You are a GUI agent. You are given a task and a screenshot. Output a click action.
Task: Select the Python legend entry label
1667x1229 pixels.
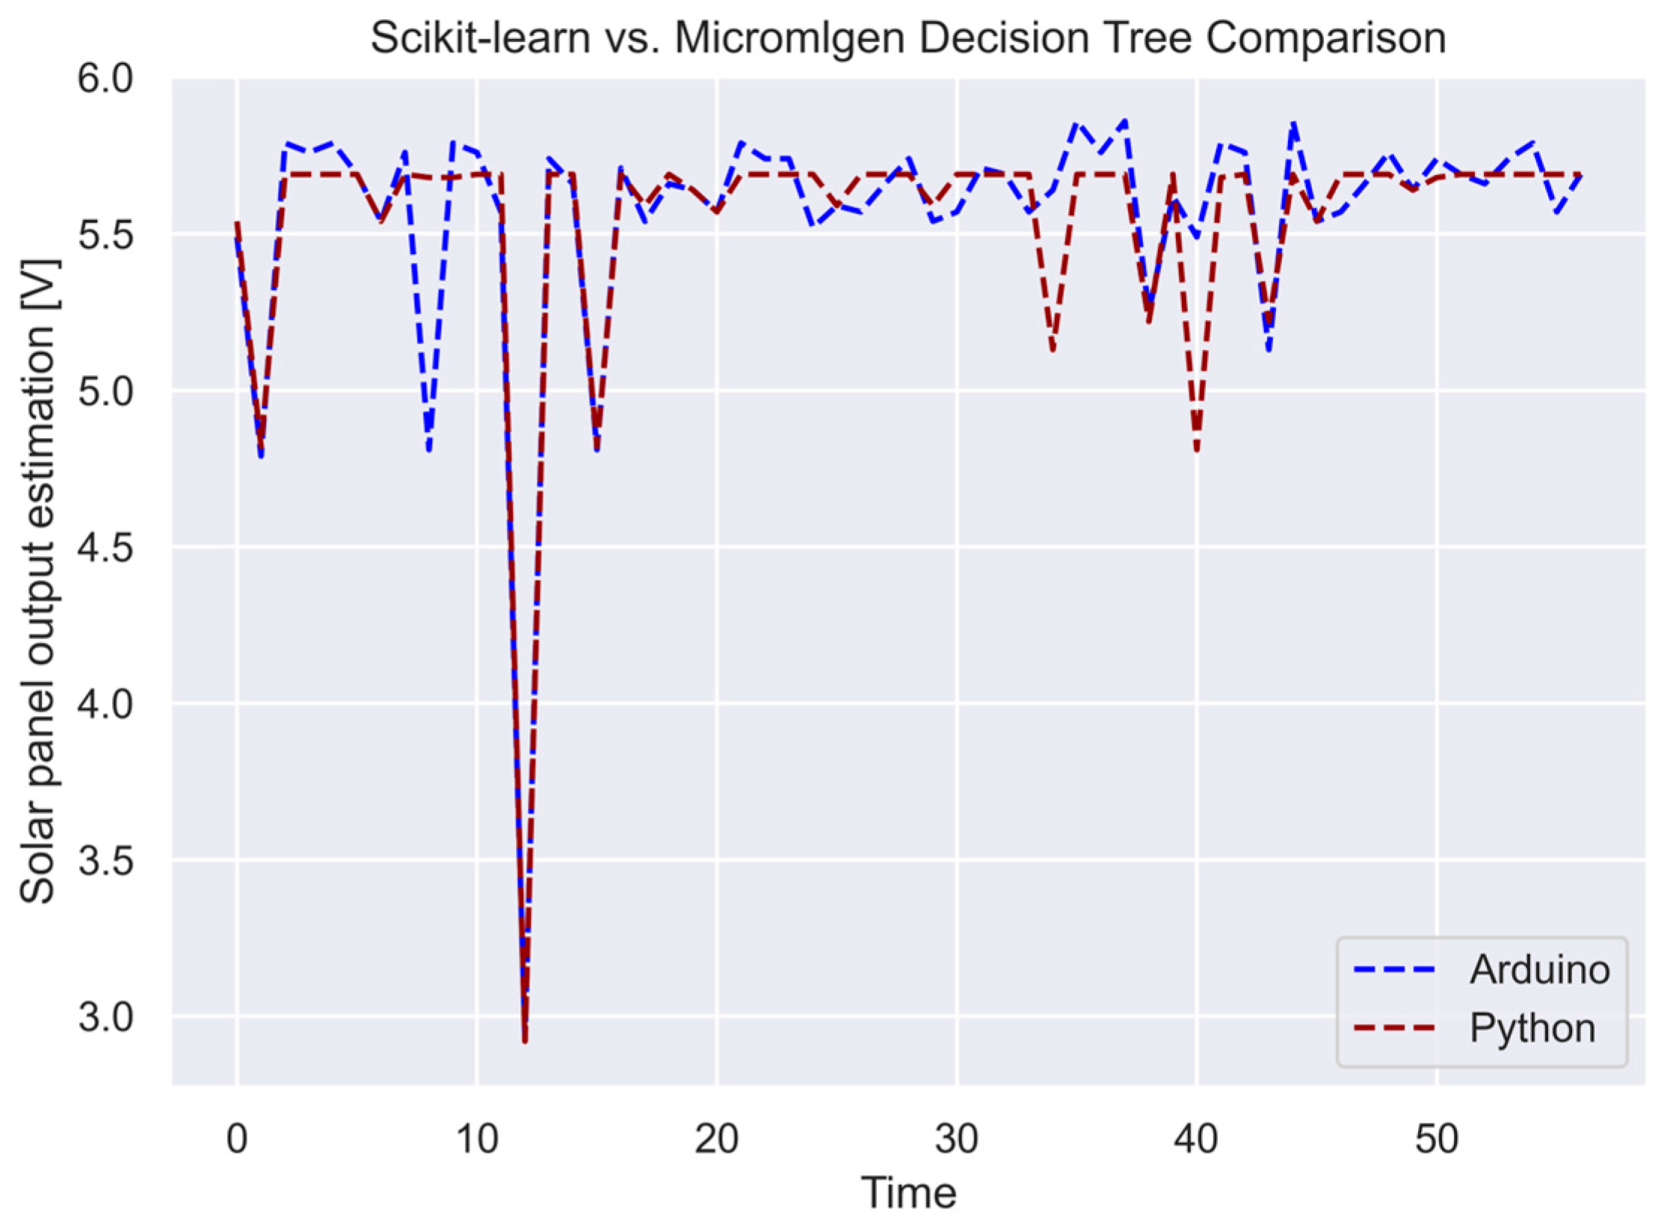[x=1532, y=1028]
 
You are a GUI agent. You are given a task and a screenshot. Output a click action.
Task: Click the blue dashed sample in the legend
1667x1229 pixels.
[x=1395, y=970]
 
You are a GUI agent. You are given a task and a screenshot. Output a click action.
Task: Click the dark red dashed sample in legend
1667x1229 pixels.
[x=1395, y=1029]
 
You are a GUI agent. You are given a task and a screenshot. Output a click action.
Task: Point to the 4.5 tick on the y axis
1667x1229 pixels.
[x=105, y=548]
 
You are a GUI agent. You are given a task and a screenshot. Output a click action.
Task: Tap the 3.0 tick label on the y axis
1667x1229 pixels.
[x=105, y=1017]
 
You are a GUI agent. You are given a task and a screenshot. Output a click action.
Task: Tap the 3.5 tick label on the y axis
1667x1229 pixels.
[x=105, y=861]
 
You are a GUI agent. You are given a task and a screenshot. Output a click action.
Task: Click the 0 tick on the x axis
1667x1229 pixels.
[x=236, y=1140]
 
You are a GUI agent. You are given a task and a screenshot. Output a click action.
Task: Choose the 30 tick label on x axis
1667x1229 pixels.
[x=957, y=1140]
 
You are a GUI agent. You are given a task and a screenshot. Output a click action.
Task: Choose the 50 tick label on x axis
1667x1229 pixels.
[x=1437, y=1140]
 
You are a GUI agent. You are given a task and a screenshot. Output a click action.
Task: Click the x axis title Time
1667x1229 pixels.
[x=908, y=1193]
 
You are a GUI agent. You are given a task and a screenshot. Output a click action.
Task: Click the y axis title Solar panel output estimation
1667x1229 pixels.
[x=37, y=582]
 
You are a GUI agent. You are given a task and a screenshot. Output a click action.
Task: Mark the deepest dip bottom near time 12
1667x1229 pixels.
[x=525, y=1039]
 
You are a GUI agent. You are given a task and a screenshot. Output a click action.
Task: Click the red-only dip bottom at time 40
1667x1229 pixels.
[x=1197, y=451]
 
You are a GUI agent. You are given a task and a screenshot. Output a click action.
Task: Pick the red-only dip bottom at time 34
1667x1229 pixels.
[x=1053, y=350]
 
